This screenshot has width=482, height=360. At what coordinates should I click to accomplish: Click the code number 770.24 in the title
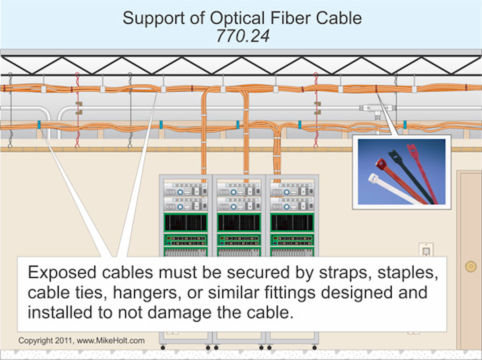(x=243, y=36)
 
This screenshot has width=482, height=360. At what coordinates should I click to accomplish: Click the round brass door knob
(x=470, y=266)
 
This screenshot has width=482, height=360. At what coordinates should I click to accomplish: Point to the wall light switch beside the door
(x=426, y=251)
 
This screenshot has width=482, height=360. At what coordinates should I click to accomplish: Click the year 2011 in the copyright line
(x=64, y=341)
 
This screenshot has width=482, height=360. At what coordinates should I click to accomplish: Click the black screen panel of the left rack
(x=186, y=222)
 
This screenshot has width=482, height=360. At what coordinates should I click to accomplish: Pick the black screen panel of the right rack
(x=292, y=222)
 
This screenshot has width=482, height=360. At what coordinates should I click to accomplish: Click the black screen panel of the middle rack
(x=239, y=222)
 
